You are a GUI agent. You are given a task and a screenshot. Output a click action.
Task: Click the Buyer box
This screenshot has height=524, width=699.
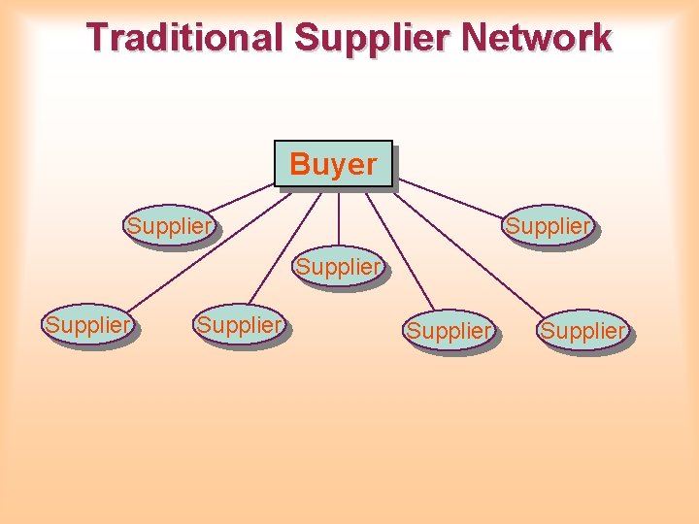[x=333, y=164]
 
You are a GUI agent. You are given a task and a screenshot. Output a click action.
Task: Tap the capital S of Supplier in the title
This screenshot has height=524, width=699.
[x=306, y=38]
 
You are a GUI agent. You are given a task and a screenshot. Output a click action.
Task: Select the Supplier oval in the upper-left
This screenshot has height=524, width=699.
[x=169, y=227]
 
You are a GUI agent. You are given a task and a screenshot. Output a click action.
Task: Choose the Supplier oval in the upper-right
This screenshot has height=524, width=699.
[x=547, y=227]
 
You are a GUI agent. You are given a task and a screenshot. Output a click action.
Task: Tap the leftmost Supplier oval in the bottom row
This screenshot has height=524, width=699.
[x=88, y=326]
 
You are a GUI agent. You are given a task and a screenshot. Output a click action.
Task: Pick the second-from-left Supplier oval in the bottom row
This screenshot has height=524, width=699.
[x=240, y=326]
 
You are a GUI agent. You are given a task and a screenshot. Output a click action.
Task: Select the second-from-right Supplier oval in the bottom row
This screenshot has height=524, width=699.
[x=449, y=332]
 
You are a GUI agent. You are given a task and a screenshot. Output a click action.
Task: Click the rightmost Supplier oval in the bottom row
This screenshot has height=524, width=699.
[x=583, y=332]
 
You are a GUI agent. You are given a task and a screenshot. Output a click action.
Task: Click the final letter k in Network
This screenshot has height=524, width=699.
[x=601, y=38]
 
